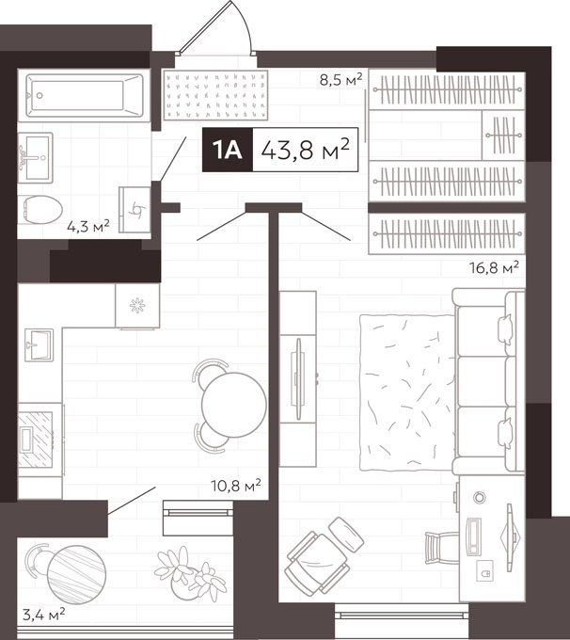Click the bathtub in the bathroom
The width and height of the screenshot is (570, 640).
(x=85, y=95)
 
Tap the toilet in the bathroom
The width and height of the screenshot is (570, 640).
(x=40, y=209)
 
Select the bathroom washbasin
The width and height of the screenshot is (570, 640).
(x=36, y=157)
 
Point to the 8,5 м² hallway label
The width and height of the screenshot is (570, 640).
(x=340, y=79)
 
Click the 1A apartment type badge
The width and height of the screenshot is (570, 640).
(x=228, y=150)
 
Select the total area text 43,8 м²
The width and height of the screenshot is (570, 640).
(x=305, y=150)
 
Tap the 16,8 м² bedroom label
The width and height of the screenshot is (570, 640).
(x=494, y=267)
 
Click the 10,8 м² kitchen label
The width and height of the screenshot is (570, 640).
(x=236, y=486)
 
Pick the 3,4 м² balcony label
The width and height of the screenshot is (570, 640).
(x=43, y=615)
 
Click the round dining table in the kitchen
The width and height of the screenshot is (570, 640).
(x=234, y=405)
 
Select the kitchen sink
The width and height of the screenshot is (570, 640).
(x=39, y=345)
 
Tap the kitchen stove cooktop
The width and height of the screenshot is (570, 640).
(x=36, y=440)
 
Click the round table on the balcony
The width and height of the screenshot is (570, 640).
(x=77, y=574)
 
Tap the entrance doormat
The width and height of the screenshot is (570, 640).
(x=215, y=95)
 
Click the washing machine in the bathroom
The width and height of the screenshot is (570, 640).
(x=135, y=210)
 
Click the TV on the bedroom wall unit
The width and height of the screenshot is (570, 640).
(x=298, y=378)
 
